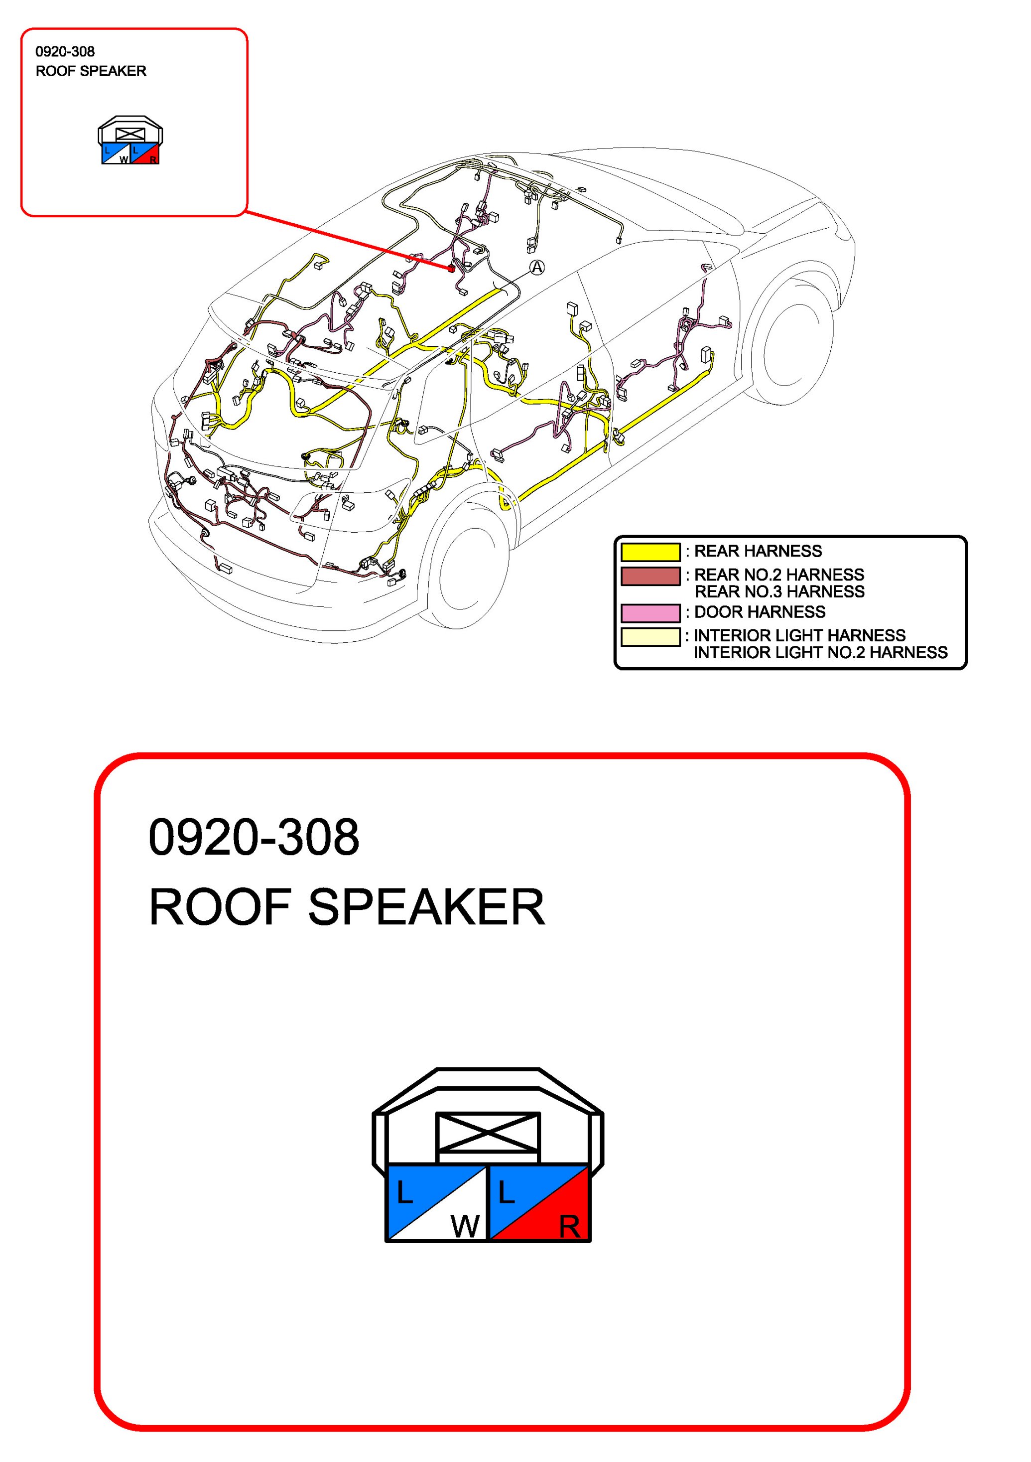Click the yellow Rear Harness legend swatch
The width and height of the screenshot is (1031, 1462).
(x=650, y=552)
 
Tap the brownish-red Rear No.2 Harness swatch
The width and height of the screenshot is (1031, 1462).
(x=650, y=576)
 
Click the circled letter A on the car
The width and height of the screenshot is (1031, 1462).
(x=538, y=268)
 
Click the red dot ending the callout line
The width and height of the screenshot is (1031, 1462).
(x=451, y=269)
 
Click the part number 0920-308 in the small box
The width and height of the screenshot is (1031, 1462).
(x=65, y=52)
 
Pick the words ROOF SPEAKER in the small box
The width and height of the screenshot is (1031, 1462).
(x=91, y=71)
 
